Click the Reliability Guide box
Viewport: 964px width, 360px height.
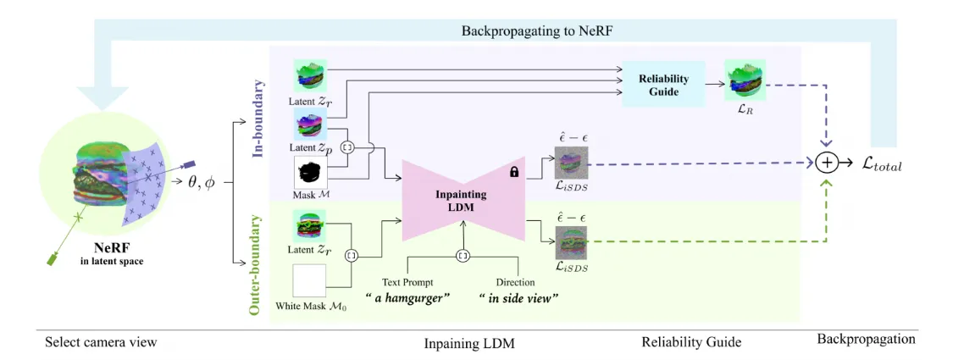[x=662, y=86]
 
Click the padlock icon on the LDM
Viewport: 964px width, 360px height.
[x=514, y=173]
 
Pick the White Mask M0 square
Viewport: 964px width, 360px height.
[x=309, y=280]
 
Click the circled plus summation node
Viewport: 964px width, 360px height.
[x=826, y=162]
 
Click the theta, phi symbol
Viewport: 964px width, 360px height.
[x=201, y=182]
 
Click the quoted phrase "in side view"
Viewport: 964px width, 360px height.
[x=518, y=298]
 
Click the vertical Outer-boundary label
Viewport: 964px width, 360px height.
[x=259, y=264]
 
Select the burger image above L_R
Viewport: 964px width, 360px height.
[x=745, y=80]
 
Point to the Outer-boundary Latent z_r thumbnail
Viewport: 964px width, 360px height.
[x=310, y=225]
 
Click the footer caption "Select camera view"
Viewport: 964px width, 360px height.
[x=101, y=341]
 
